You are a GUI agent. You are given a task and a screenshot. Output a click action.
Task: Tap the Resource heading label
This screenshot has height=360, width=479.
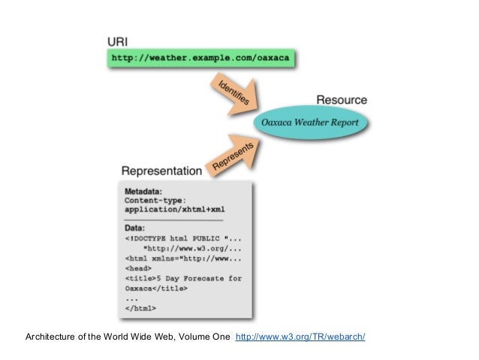coord(341,100)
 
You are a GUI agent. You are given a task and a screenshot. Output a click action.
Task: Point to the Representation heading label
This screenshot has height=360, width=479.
coord(161,171)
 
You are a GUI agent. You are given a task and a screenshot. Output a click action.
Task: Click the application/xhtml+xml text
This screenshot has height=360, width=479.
coord(174,210)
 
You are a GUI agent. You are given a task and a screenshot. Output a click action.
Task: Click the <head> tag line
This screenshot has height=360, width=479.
coord(138,268)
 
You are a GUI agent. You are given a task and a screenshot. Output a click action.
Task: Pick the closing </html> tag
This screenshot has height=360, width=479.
coord(140,307)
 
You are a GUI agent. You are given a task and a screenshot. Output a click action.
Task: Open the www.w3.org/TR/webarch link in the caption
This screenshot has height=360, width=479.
coord(300,336)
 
